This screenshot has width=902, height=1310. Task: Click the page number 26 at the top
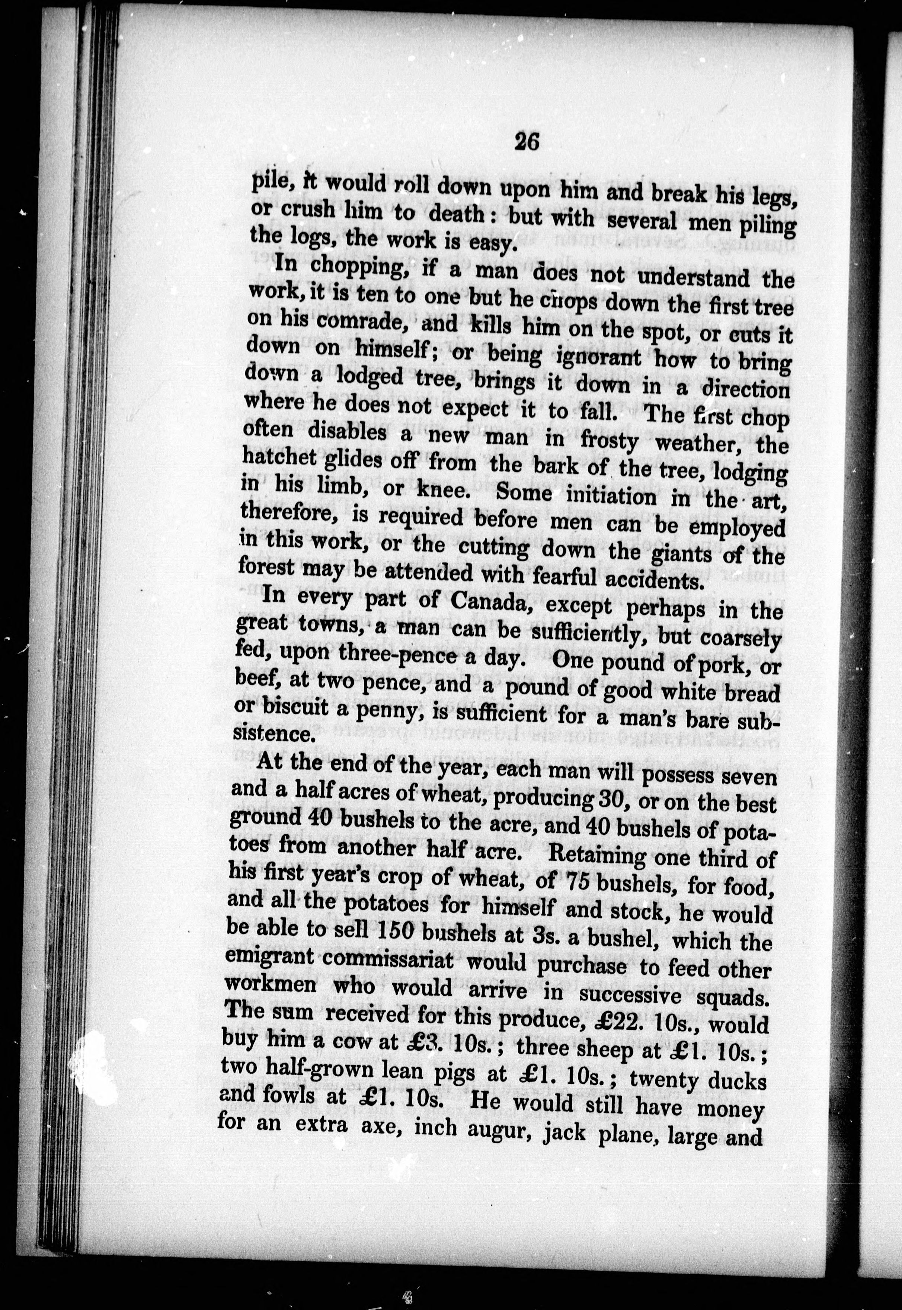[x=527, y=141]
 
